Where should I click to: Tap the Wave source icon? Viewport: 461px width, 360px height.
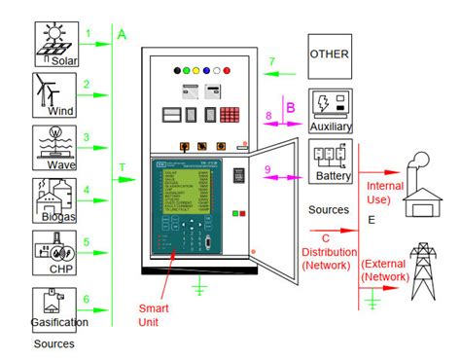pyautogui.click(x=54, y=146)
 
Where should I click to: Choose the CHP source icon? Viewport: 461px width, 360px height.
pyautogui.click(x=54, y=251)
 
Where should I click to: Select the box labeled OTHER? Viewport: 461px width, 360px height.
pyautogui.click(x=329, y=53)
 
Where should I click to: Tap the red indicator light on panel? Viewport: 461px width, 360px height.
pyautogui.click(x=228, y=71)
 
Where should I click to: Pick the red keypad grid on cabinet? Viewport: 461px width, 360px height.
pyautogui.click(x=230, y=114)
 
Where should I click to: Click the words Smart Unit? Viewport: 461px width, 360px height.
pyautogui.click(x=154, y=314)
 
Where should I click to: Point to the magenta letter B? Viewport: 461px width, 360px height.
pyautogui.click(x=289, y=106)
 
